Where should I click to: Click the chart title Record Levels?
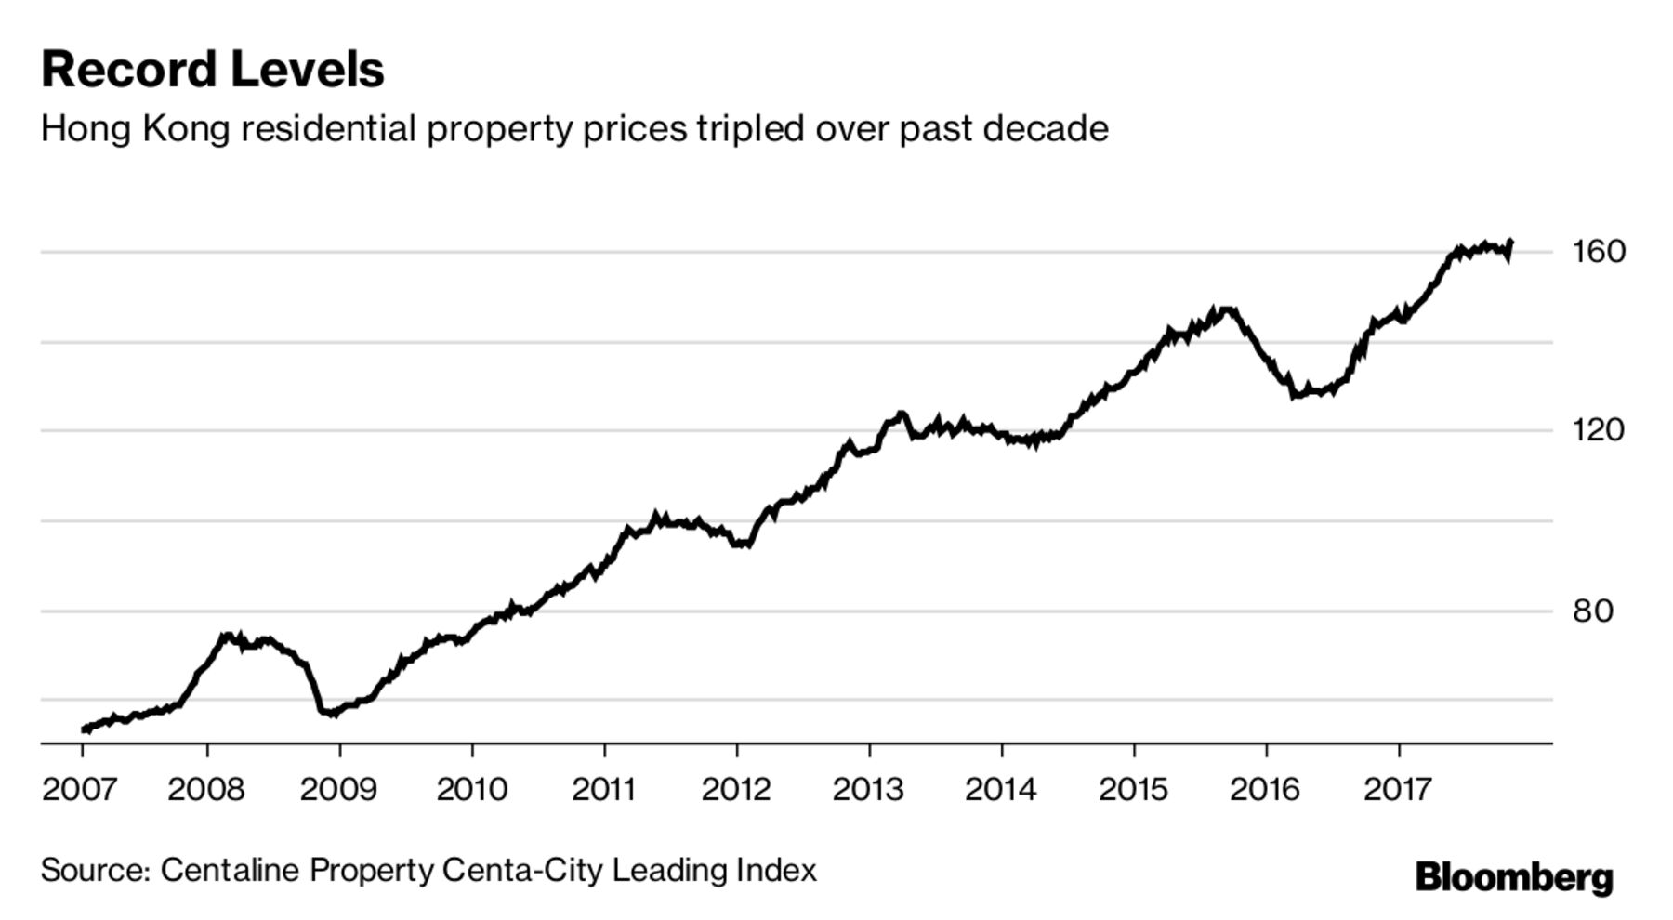point(212,70)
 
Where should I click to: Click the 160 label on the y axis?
point(1599,251)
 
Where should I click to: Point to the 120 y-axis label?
point(1599,429)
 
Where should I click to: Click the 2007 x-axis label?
point(80,789)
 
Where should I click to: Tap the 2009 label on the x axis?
point(338,789)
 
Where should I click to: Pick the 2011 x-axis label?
point(603,789)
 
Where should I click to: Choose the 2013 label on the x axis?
point(867,789)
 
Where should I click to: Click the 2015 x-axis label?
point(1133,789)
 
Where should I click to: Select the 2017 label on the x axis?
point(1398,789)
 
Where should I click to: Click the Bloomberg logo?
point(1514,876)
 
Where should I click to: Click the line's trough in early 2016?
point(1294,395)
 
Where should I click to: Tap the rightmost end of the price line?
point(1511,243)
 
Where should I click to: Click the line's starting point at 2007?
point(84,729)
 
